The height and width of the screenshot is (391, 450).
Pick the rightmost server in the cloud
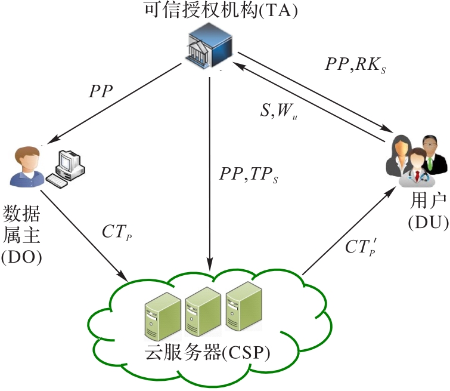243,306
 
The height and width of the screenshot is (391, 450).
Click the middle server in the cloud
203,312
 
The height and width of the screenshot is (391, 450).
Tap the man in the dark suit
430,155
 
